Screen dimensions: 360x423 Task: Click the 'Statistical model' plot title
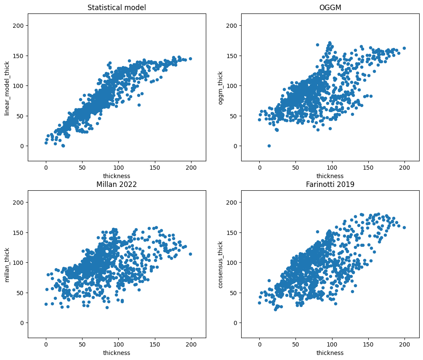coord(117,8)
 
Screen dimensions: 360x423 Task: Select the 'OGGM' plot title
coord(330,8)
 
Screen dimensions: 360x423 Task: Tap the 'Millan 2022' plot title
coord(117,184)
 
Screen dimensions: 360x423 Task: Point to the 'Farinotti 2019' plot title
coord(330,184)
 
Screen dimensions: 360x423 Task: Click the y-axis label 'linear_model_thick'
coord(6,87)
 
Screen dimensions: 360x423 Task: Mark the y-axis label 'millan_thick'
coord(6,264)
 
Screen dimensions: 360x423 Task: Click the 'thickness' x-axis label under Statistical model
coord(117,176)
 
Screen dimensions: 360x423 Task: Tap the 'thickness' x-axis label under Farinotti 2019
coord(330,353)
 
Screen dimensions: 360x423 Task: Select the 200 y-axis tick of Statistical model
coord(19,26)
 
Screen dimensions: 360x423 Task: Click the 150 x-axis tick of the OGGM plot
coord(368,167)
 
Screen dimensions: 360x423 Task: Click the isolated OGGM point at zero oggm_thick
coord(269,146)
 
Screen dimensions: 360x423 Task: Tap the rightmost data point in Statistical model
coord(190,59)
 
